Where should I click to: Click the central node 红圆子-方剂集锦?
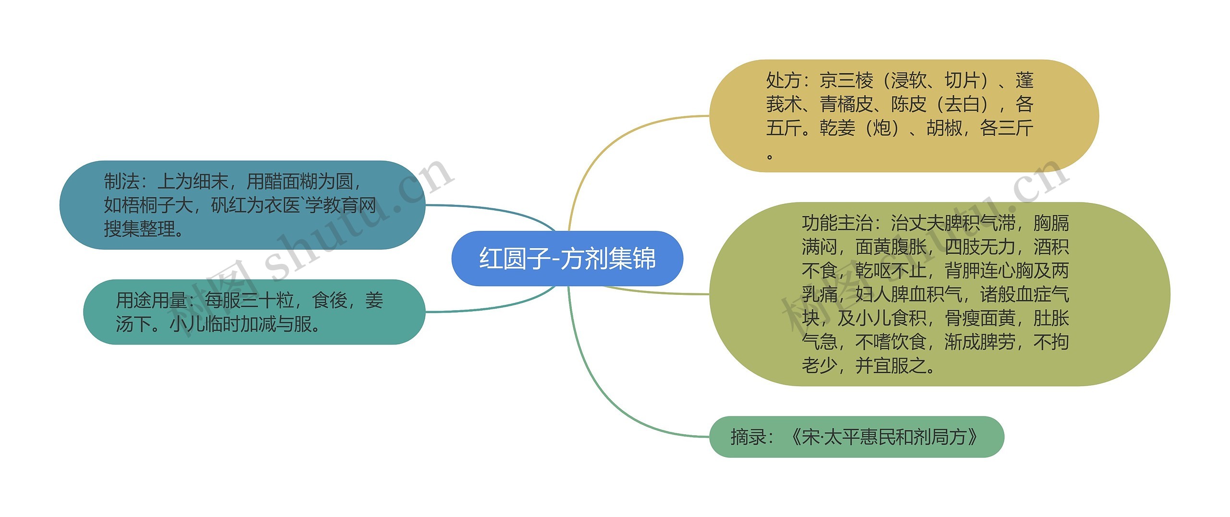tap(567, 259)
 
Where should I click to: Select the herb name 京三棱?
tap(846, 80)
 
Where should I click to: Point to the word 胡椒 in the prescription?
tap(944, 128)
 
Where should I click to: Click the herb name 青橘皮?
tap(846, 104)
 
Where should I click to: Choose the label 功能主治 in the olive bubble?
tap(837, 223)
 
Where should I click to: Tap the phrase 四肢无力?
tap(980, 247)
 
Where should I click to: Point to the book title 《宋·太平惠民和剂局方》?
tap(883, 437)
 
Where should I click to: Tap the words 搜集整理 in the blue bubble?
tap(139, 229)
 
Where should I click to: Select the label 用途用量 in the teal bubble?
tap(151, 301)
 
